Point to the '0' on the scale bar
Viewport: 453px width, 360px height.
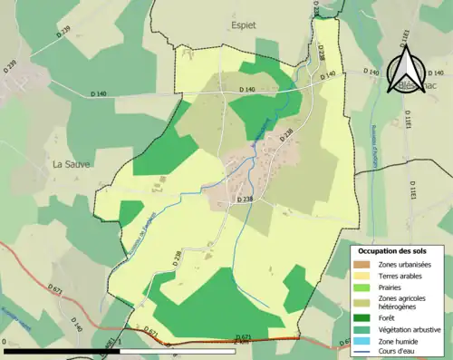[5, 344]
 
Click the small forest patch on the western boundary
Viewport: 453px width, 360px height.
[130, 212]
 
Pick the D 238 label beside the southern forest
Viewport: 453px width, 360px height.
[177, 258]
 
